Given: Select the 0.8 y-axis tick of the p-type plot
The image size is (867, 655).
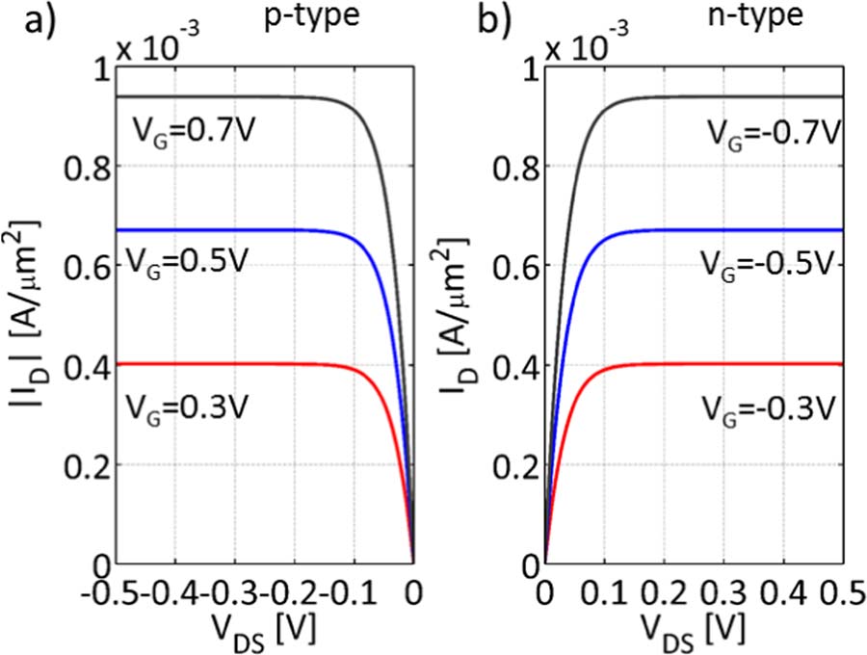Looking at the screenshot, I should [x=88, y=167].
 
